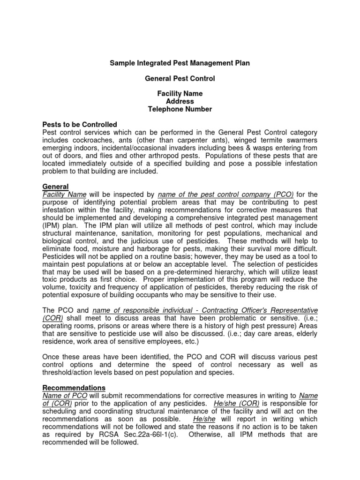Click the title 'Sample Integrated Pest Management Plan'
(180, 63)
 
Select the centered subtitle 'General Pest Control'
(180, 79)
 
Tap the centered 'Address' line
(180, 101)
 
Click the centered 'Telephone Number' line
(180, 109)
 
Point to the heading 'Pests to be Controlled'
(80, 125)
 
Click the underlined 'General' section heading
(55, 187)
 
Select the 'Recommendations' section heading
(74, 388)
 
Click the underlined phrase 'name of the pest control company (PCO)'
(226, 195)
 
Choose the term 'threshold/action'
(68, 372)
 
